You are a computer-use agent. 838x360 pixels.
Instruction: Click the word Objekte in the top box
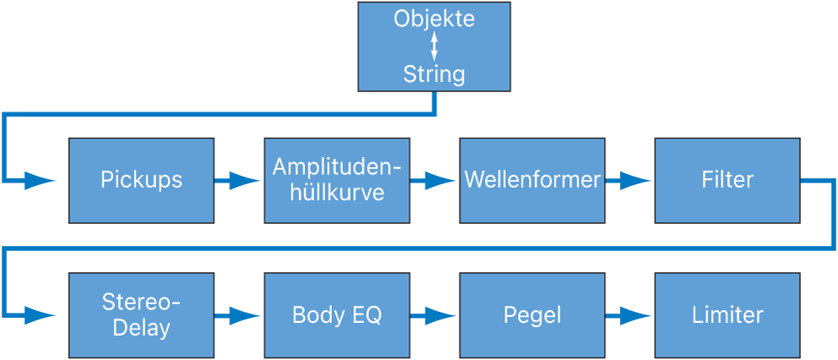[434, 19]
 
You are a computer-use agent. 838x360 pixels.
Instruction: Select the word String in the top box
[434, 74]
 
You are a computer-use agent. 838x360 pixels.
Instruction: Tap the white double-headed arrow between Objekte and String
[434, 46]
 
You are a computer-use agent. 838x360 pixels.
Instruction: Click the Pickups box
[141, 180]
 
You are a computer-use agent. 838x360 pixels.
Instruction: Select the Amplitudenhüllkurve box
[337, 180]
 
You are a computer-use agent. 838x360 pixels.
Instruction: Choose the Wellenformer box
[532, 180]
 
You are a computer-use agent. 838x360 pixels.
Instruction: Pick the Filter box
[727, 180]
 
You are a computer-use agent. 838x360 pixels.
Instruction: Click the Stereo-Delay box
[141, 315]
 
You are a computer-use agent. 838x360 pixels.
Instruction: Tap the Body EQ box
[337, 315]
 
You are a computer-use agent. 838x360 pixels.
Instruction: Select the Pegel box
[532, 315]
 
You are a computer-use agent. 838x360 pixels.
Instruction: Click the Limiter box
[727, 315]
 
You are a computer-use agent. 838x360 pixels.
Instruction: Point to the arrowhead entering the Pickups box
[41, 180]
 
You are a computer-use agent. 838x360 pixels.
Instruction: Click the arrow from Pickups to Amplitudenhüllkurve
[238, 180]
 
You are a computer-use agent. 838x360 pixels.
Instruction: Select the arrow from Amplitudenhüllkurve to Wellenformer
[434, 180]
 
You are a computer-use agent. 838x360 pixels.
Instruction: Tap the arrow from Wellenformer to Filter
[629, 180]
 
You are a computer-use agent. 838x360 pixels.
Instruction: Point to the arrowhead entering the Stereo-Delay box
[41, 315]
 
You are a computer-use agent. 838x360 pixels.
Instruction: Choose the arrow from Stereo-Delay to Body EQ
[238, 315]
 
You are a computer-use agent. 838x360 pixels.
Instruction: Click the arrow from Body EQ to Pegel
[434, 315]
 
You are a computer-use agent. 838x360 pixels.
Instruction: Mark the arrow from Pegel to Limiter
[629, 315]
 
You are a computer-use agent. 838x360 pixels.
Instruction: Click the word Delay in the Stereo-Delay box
[141, 327]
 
